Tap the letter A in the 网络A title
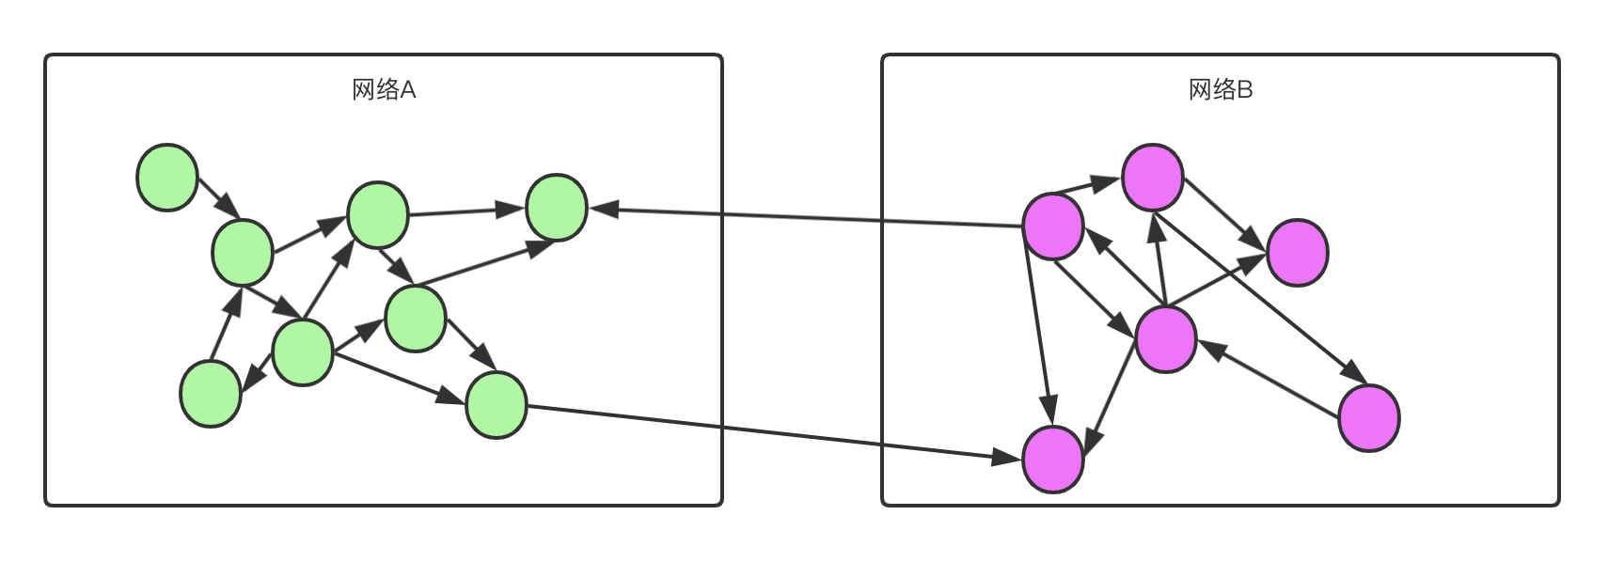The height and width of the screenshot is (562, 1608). pos(408,90)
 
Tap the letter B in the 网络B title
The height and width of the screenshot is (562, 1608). pos(1245,90)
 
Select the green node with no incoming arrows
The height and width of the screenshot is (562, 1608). pos(167,178)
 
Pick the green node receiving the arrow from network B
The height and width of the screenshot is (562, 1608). pos(557,208)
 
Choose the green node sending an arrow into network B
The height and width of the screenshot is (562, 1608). pos(497,405)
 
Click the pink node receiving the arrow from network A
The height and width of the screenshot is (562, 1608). pos(1053,460)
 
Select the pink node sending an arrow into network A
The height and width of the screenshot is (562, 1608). pos(1053,226)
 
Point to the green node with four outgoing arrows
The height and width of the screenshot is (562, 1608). pos(303,352)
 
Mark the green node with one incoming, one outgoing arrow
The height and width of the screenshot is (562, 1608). pos(211,394)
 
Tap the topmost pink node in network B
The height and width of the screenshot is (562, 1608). pos(1153,178)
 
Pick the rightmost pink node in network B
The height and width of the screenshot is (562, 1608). pos(1369,418)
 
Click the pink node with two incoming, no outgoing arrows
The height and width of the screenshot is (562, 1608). pos(1298,253)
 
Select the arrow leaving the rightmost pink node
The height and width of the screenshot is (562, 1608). pos(1269,378)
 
